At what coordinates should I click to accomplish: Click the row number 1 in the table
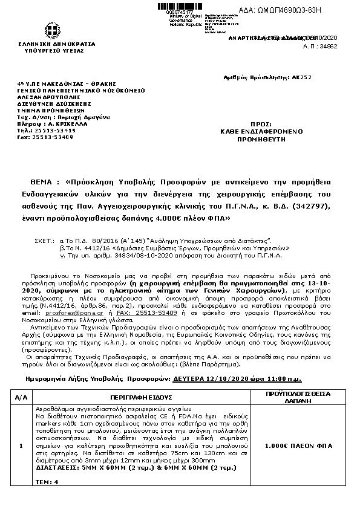[x=21, y=446]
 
